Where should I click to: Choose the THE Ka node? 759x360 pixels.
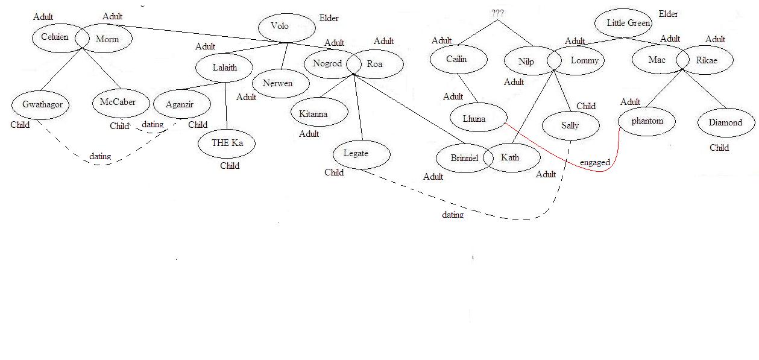pos(227,144)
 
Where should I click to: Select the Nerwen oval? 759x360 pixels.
pos(277,84)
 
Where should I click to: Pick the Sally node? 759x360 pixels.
pos(570,125)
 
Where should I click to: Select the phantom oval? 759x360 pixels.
pos(647,121)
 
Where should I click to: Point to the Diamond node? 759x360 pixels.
pos(726,122)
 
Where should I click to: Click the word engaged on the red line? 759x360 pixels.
pos(595,163)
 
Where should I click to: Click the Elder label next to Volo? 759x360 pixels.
pos(329,19)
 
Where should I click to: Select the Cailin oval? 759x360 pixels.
pos(457,59)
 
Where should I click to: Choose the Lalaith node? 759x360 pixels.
pos(224,68)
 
